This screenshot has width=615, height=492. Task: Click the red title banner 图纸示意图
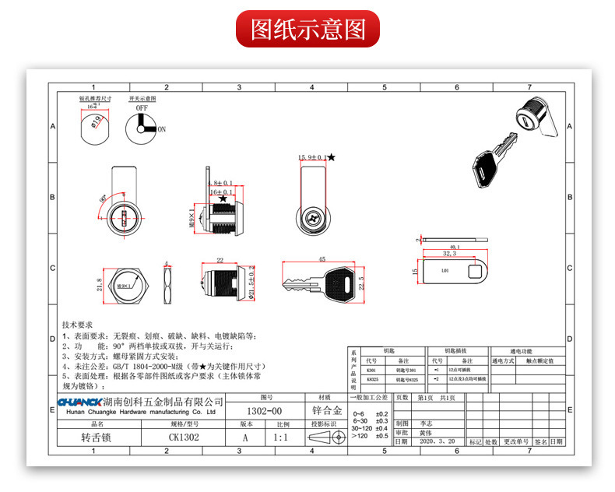click(x=307, y=29)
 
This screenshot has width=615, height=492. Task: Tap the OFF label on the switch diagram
click(x=142, y=110)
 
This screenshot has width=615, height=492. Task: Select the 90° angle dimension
click(x=105, y=199)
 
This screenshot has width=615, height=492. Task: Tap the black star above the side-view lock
click(x=224, y=199)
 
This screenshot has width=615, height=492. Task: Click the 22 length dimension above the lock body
click(x=220, y=261)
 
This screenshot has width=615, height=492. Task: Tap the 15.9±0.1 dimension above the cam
click(x=311, y=158)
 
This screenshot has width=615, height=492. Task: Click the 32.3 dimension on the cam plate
click(x=448, y=253)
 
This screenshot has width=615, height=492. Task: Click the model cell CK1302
click(x=184, y=438)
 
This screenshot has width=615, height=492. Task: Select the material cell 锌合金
click(x=328, y=409)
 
